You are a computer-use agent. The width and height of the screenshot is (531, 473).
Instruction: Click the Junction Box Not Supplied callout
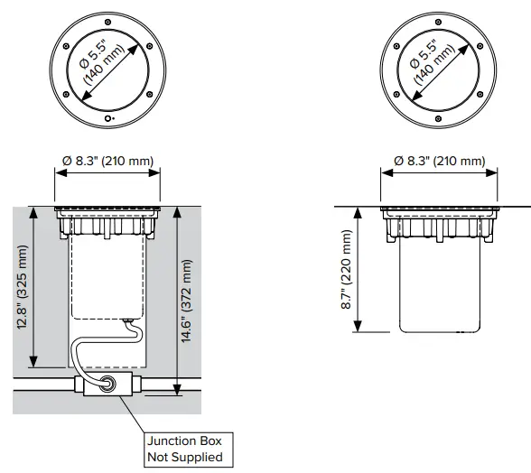[183, 449]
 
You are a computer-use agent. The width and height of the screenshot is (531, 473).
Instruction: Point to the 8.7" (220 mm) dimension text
[348, 269]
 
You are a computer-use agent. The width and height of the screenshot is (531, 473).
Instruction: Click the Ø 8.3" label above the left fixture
[107, 161]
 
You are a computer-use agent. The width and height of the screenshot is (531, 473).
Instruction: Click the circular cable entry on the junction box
[108, 385]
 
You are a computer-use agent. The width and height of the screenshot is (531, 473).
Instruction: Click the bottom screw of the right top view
[437, 118]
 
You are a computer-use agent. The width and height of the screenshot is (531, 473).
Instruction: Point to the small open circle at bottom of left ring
[108, 118]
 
